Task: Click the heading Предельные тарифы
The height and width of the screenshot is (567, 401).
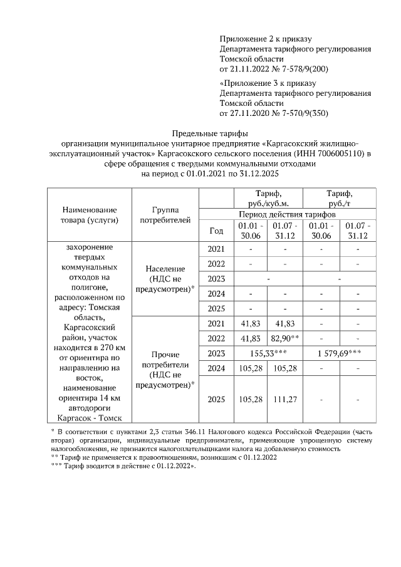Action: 200,133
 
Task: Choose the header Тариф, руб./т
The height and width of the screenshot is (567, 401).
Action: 339,198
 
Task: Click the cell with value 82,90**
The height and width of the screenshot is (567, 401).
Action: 285,338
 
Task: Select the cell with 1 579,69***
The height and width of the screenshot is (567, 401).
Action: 339,353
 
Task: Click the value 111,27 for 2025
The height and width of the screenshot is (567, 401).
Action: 285,399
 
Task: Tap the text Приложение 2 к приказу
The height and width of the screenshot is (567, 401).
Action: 266,39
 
